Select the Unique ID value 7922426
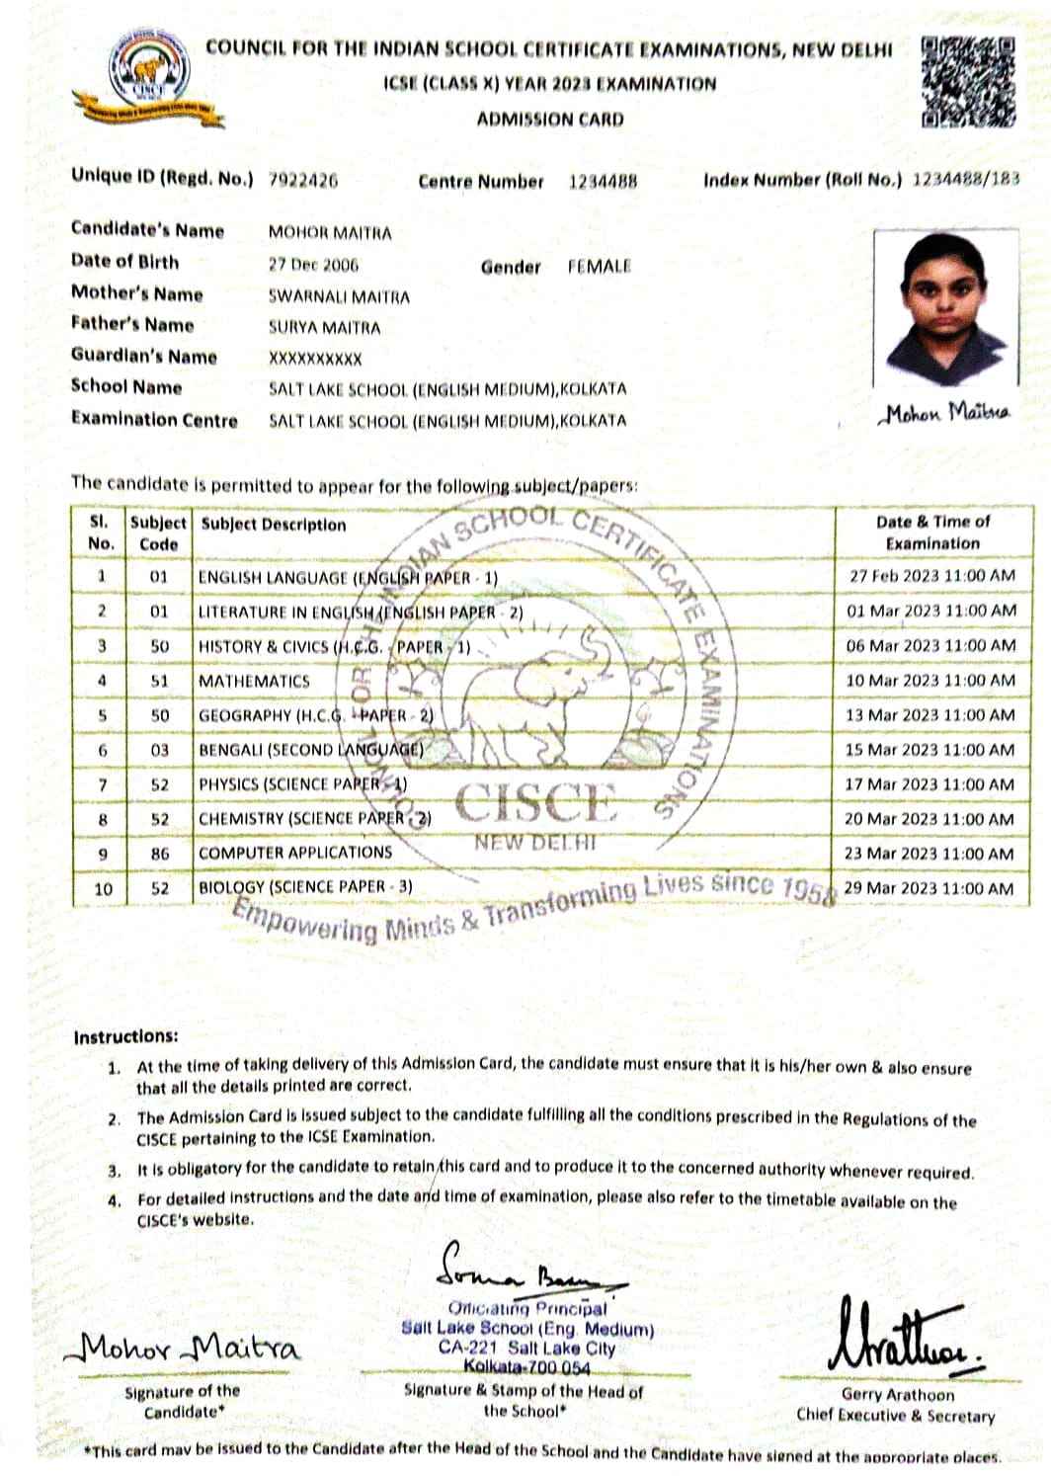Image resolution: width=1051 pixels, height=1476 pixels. pyautogui.click(x=303, y=181)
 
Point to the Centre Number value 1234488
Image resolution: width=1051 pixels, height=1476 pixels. pyautogui.click(x=603, y=181)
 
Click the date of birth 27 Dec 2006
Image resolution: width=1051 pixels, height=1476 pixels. pyautogui.click(x=313, y=265)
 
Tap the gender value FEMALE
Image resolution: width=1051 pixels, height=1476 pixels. pyautogui.click(x=599, y=266)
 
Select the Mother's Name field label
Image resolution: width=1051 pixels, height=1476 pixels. pyautogui.click(x=136, y=293)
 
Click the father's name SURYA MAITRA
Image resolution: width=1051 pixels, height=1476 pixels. pyautogui.click(x=324, y=327)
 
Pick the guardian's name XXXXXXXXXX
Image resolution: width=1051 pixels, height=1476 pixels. pyautogui.click(x=315, y=359)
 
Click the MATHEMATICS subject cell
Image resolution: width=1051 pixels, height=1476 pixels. pyautogui.click(x=254, y=681)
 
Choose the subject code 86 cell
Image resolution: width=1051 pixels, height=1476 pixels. pyautogui.click(x=159, y=854)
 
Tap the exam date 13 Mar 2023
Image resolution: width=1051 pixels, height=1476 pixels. pyautogui.click(x=930, y=715)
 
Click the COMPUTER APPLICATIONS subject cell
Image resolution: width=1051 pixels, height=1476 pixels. pyautogui.click(x=294, y=853)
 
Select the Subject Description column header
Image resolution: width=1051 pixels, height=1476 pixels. pyautogui.click(x=274, y=525)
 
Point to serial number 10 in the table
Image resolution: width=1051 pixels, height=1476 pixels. pyautogui.click(x=103, y=889)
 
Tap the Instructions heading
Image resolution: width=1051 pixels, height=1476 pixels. pyautogui.click(x=125, y=1036)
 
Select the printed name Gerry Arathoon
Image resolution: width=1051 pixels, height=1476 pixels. pyautogui.click(x=897, y=1394)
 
